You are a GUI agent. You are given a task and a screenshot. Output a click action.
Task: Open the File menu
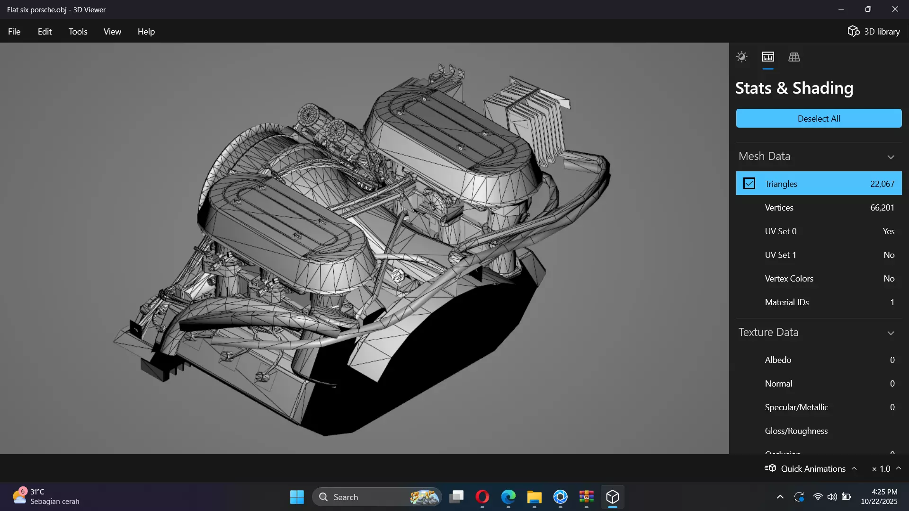[x=14, y=32]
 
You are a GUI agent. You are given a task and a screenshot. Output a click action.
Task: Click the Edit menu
[x=45, y=32]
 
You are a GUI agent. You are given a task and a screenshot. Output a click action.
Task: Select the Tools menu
[x=78, y=32]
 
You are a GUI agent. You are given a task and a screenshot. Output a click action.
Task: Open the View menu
[x=112, y=32]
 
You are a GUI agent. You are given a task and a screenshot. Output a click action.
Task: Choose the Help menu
[x=146, y=32]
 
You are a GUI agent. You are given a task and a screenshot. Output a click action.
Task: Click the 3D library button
[x=873, y=32]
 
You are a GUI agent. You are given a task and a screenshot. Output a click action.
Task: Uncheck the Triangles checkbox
[x=749, y=184]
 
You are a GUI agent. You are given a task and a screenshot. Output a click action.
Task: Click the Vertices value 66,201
[x=882, y=208]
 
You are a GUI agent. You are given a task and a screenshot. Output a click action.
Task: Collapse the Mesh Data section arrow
[x=891, y=157]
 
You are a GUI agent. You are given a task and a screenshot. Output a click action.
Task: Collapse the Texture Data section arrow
[x=891, y=333]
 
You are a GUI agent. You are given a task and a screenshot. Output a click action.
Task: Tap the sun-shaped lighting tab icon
[x=741, y=57]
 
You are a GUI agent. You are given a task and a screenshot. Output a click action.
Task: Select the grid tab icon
[x=794, y=57]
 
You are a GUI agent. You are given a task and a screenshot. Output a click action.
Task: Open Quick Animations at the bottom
[x=812, y=468]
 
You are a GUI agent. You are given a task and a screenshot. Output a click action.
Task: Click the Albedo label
[x=778, y=360]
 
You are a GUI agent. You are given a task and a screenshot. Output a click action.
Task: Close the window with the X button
[x=895, y=9]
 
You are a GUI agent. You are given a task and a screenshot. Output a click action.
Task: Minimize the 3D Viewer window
[x=841, y=9]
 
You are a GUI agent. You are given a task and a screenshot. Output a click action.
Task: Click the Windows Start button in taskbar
[x=297, y=497]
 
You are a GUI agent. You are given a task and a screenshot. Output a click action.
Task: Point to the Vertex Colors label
[x=789, y=279]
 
